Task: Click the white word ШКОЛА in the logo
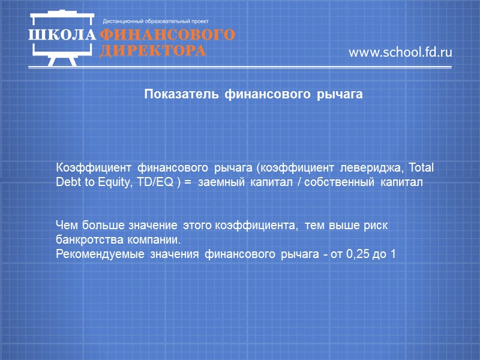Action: tap(62, 34)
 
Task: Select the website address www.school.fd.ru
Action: tap(400, 52)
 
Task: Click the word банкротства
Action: tap(84, 241)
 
